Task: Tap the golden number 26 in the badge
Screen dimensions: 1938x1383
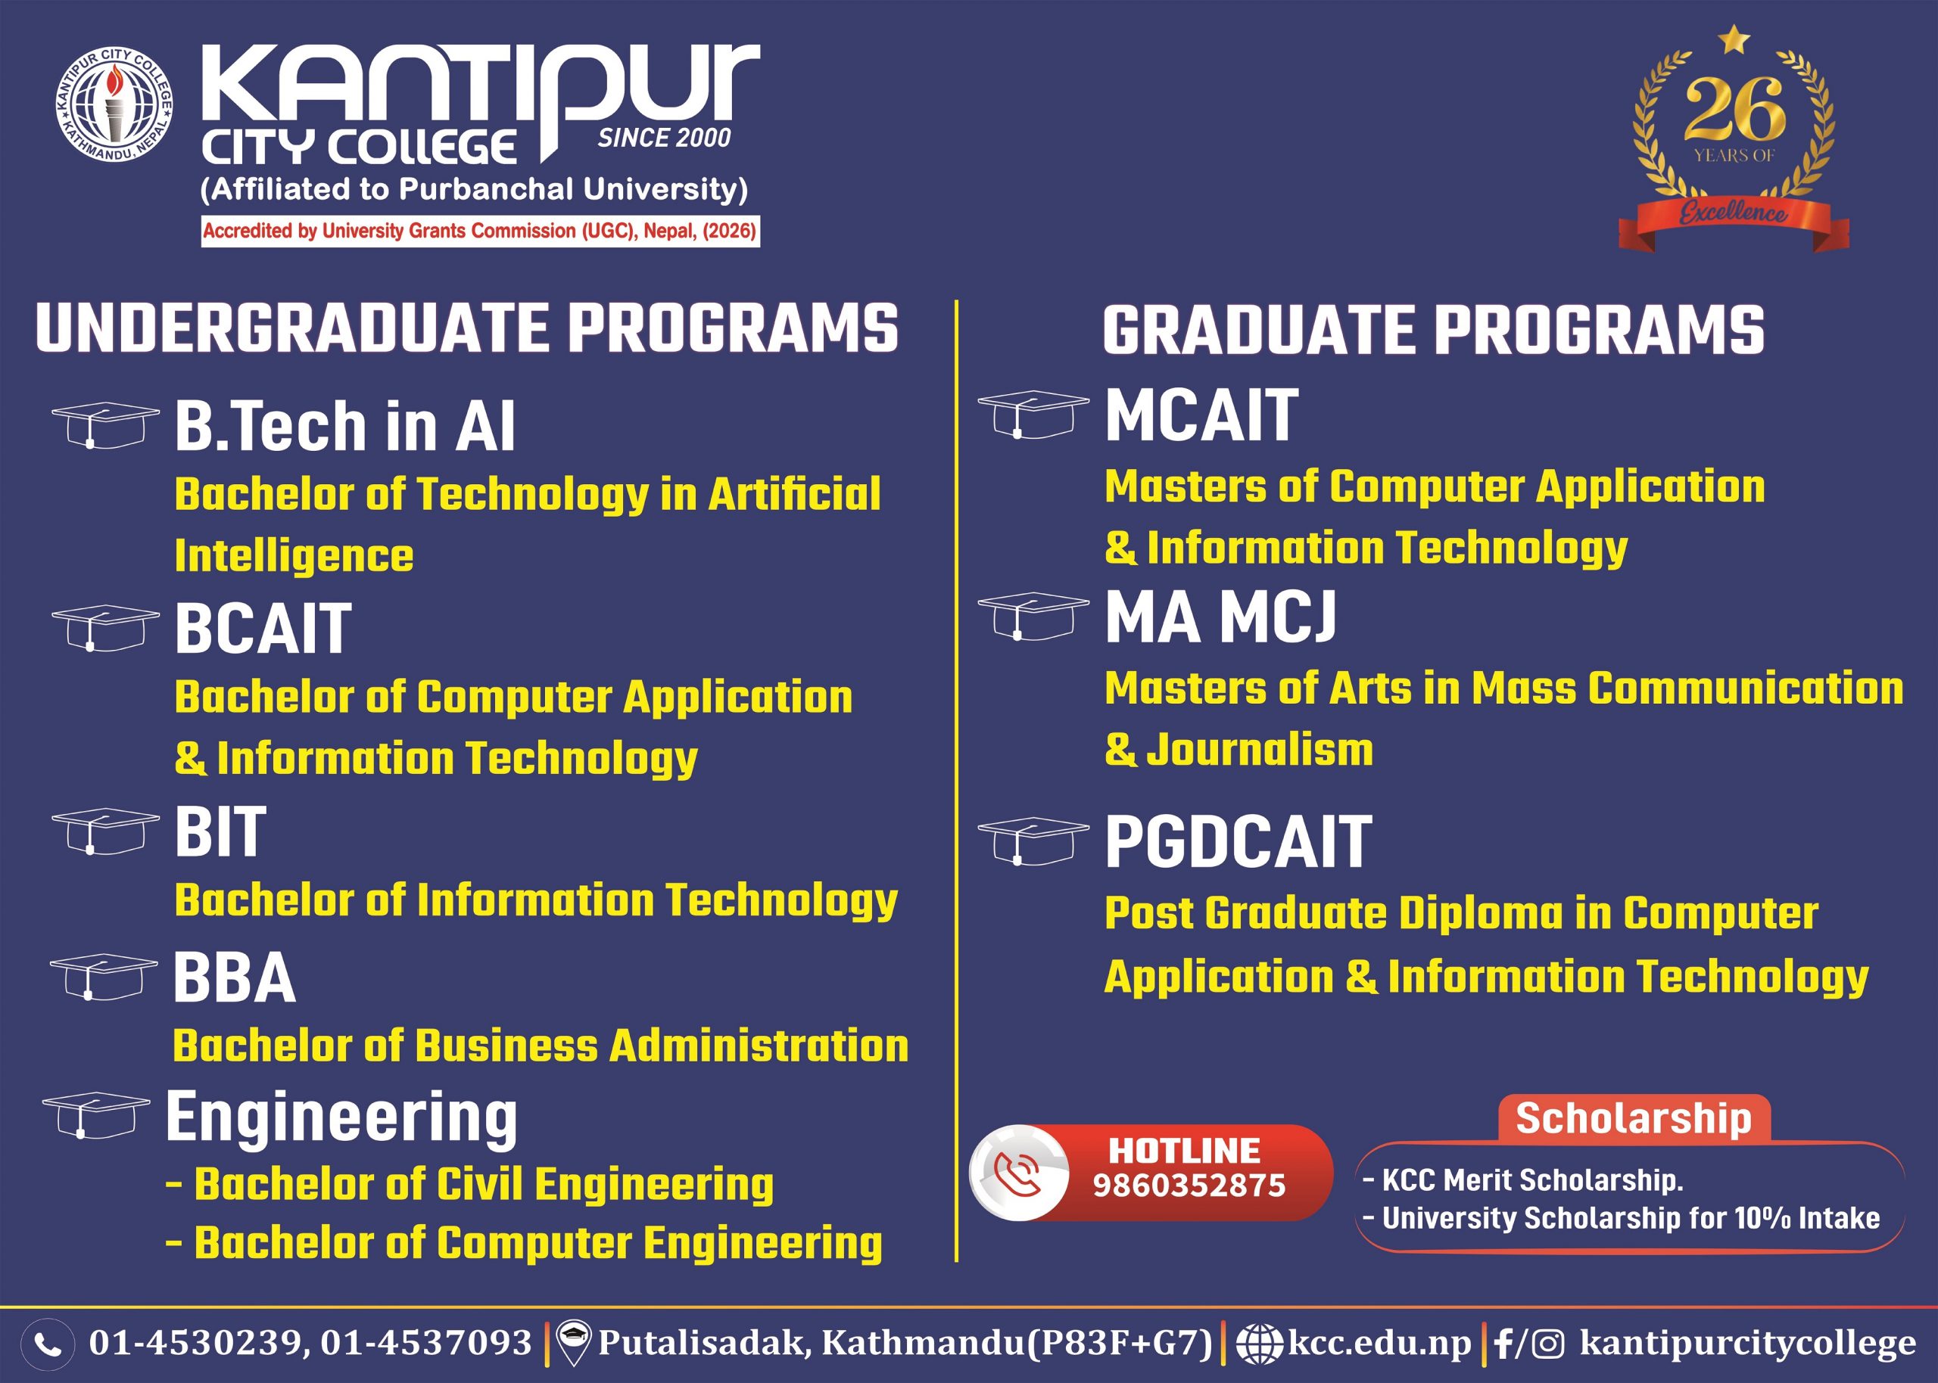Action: pyautogui.click(x=1734, y=110)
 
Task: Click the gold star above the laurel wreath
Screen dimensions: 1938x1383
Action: pyautogui.click(x=1734, y=39)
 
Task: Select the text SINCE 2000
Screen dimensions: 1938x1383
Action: pyautogui.click(x=665, y=138)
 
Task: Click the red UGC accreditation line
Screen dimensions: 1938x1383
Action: pyautogui.click(x=480, y=231)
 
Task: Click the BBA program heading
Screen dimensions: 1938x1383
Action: pyautogui.click(x=234, y=978)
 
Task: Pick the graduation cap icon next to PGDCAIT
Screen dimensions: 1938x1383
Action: pyautogui.click(x=1033, y=841)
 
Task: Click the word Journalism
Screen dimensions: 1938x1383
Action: pyautogui.click(x=1260, y=750)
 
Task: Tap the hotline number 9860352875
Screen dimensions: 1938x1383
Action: pyautogui.click(x=1189, y=1186)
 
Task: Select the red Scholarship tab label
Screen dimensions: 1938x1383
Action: pyautogui.click(x=1634, y=1117)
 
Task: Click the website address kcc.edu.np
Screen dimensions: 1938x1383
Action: pyautogui.click(x=1379, y=1342)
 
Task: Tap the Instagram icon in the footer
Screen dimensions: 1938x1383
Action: pyautogui.click(x=1548, y=1344)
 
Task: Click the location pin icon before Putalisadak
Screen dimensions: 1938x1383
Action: pyautogui.click(x=574, y=1342)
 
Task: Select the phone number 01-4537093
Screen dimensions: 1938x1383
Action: pyautogui.click(x=426, y=1342)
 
